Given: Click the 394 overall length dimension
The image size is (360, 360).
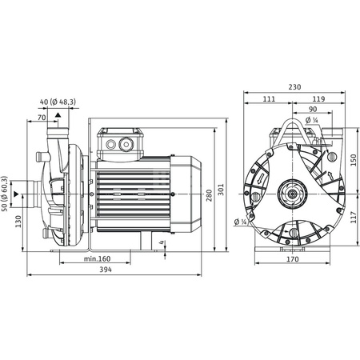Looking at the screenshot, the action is [x=106, y=270].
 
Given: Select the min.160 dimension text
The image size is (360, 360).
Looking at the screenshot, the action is [x=97, y=259].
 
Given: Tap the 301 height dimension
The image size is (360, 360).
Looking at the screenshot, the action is [x=222, y=190].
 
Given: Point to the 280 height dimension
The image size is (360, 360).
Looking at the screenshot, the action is [x=210, y=195].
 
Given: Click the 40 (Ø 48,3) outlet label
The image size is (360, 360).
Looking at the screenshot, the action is [x=58, y=102].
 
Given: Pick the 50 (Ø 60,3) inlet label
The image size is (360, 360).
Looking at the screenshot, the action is [x=5, y=194].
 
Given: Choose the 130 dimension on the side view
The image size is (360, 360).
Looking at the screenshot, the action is [x=18, y=222].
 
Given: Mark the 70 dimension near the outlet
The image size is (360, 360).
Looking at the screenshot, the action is [x=42, y=118].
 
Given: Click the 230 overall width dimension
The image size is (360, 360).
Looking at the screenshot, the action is [x=294, y=87].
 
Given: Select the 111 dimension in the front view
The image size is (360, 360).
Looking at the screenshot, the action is [x=269, y=99].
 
